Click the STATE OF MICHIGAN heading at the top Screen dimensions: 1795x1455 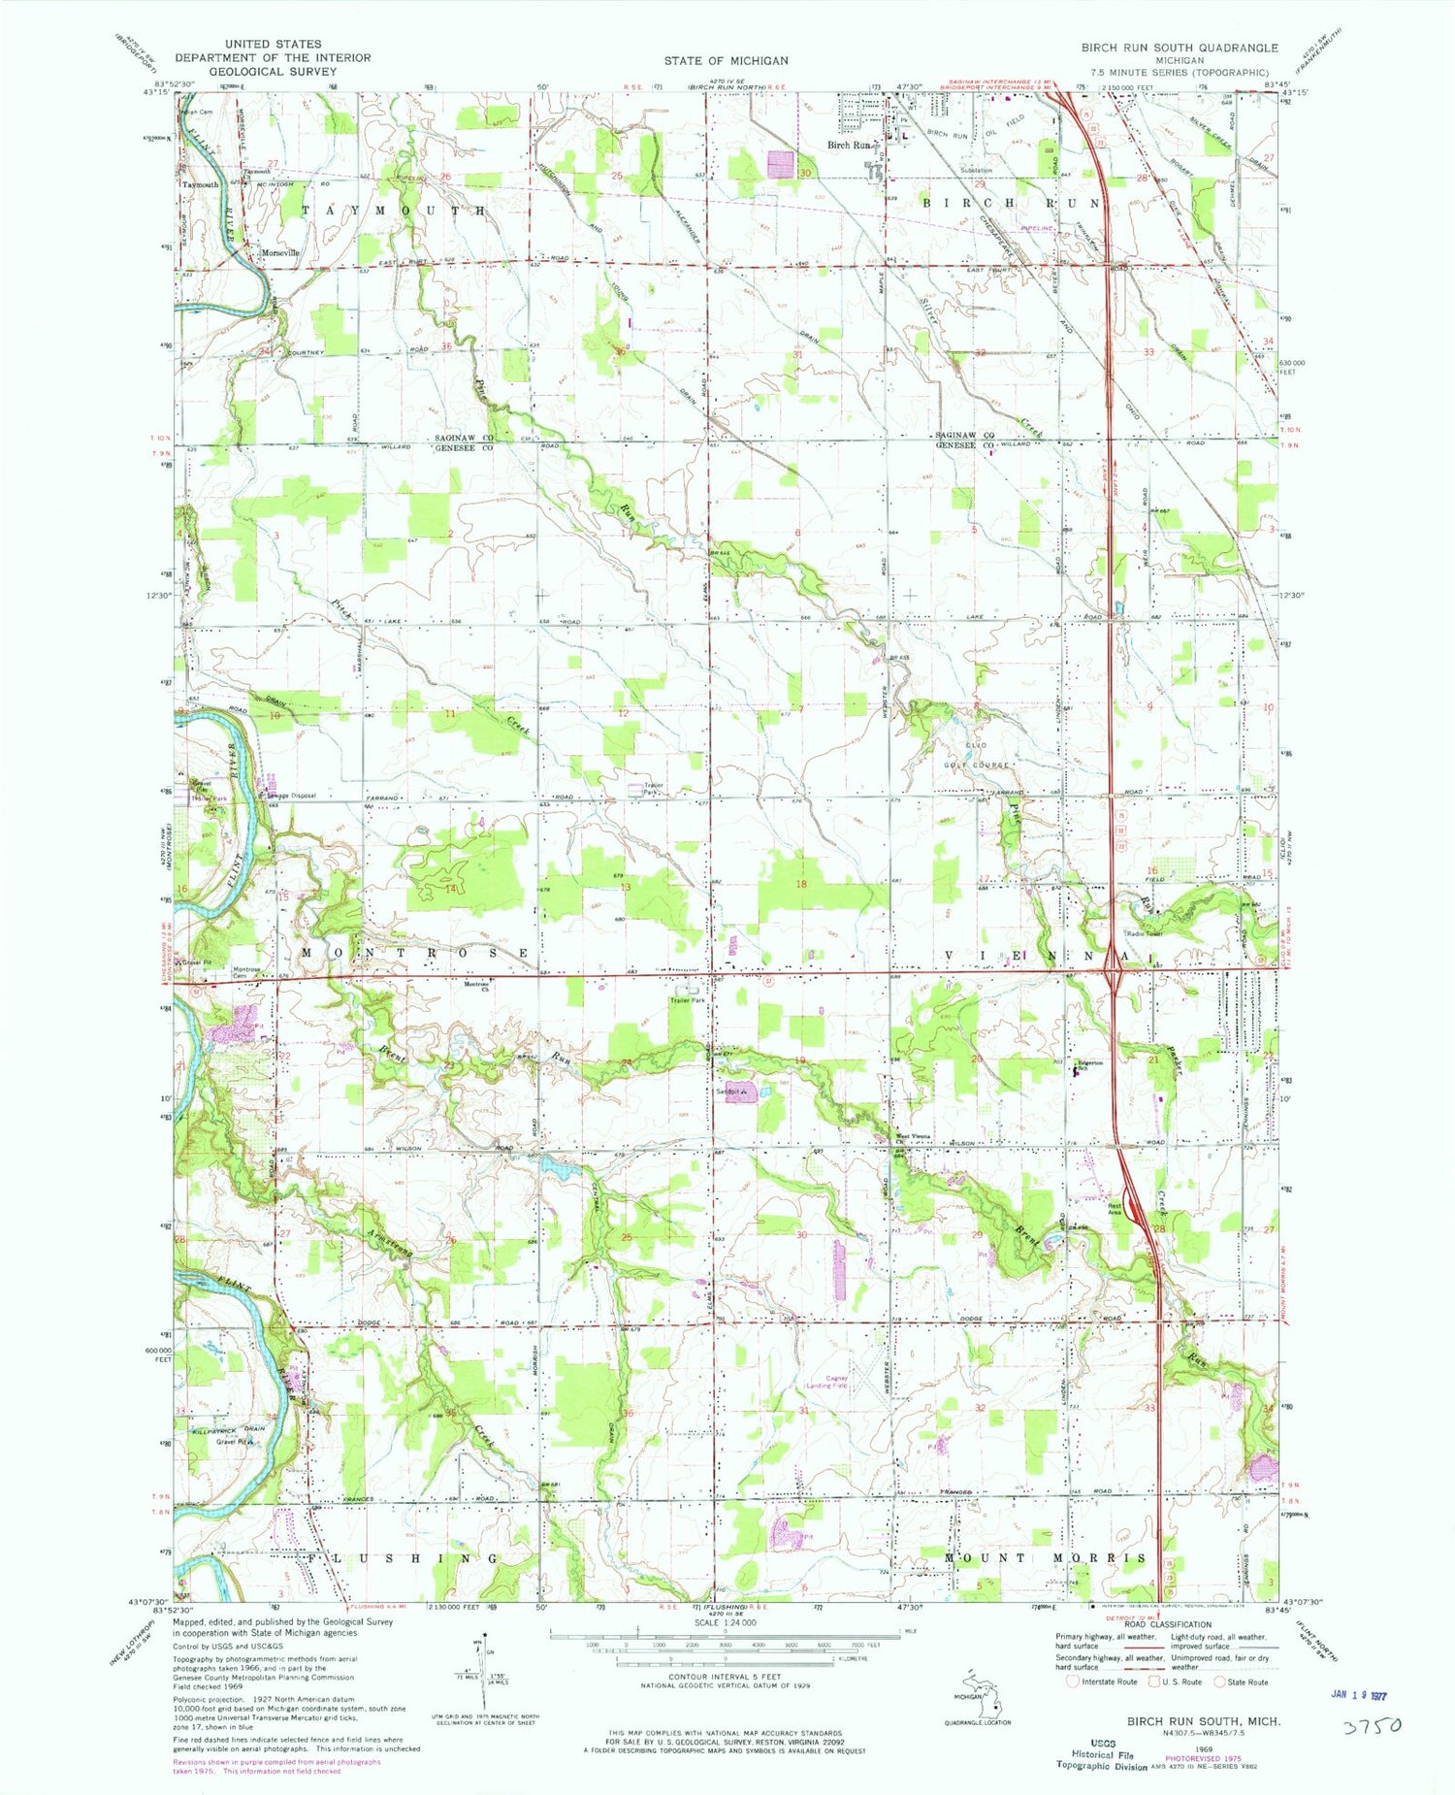[726, 60]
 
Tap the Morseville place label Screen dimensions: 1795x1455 [279, 253]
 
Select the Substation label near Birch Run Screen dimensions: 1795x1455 [976, 170]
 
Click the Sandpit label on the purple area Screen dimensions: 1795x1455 [729, 1093]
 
